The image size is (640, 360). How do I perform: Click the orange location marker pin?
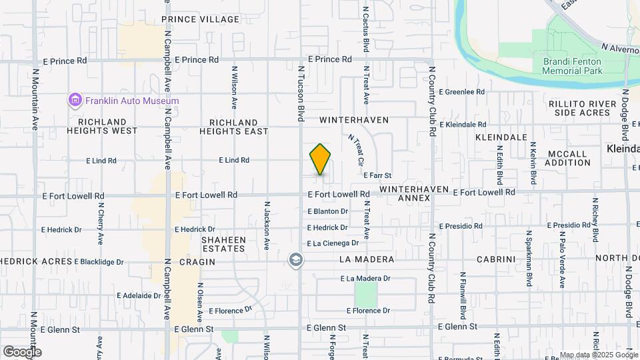[320, 159]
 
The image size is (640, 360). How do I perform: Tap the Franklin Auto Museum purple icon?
[75, 101]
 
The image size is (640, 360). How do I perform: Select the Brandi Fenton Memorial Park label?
[572, 65]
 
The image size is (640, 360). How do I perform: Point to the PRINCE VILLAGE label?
[200, 19]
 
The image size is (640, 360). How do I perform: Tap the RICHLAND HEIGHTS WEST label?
[102, 127]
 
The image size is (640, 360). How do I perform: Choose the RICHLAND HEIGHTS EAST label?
[233, 127]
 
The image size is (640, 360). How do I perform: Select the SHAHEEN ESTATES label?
[223, 244]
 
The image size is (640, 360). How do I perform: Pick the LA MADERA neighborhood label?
[367, 259]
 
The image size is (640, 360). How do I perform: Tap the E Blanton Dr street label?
[328, 211]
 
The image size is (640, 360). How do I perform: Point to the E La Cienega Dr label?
[337, 243]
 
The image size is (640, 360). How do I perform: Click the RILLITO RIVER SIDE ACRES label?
[579, 108]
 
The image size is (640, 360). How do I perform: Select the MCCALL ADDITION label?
[567, 158]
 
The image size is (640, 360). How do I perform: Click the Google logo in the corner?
[22, 351]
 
